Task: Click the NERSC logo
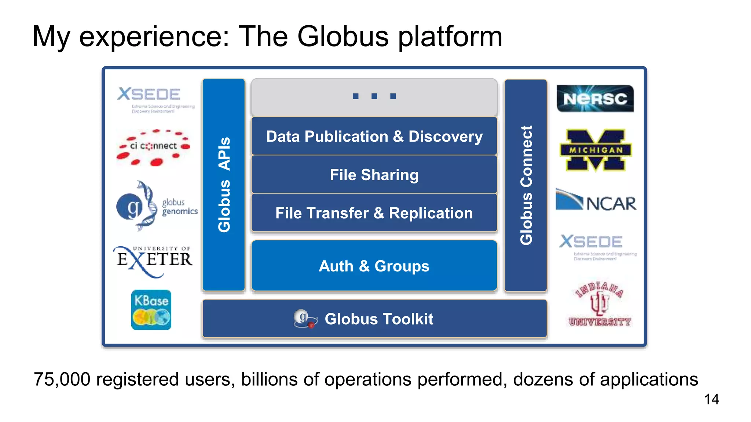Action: coord(595,99)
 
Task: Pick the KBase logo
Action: coord(151,310)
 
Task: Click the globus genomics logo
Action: coord(156,206)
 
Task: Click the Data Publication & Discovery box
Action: coord(374,136)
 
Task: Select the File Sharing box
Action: coord(374,175)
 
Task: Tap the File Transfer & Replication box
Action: coord(374,213)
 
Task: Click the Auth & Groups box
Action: coord(374,266)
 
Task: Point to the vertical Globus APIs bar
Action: coord(224,185)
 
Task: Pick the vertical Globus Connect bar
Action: coord(526,185)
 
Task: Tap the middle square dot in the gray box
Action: coord(374,96)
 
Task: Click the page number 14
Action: coord(711,399)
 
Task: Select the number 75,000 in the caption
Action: coord(62,380)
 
